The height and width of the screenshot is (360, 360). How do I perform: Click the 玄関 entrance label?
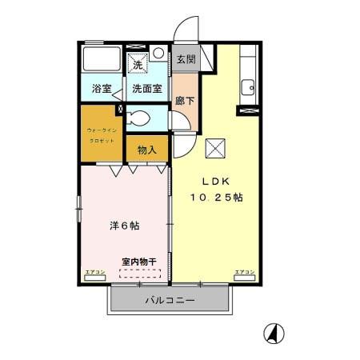tap(185, 59)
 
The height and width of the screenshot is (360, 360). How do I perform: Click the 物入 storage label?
tap(146, 150)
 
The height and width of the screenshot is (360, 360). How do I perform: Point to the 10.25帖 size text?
tap(216, 197)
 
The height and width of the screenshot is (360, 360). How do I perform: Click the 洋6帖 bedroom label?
tap(124, 226)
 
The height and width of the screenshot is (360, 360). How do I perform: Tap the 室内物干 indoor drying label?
tap(138, 261)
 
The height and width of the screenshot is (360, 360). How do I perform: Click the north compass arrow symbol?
tap(274, 332)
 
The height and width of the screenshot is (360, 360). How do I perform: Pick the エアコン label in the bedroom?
tap(94, 274)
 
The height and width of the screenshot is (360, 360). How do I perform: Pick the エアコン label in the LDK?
tap(244, 274)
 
